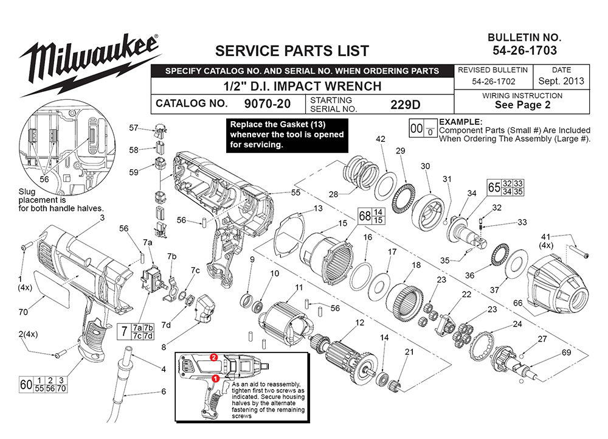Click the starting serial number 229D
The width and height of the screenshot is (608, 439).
tap(404, 104)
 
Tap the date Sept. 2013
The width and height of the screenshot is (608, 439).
tap(561, 81)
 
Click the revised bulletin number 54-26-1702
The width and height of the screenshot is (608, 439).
tap(492, 81)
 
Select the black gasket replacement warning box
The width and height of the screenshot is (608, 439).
tap(286, 135)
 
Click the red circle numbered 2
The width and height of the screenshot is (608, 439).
tap(213, 357)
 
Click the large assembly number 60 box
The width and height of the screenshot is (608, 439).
tap(26, 385)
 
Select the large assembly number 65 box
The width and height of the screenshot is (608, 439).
tap(494, 187)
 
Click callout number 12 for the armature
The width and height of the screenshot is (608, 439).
tap(360, 323)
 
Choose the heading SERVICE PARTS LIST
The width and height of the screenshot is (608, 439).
tap(292, 50)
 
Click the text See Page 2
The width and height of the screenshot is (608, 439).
tap(522, 105)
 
